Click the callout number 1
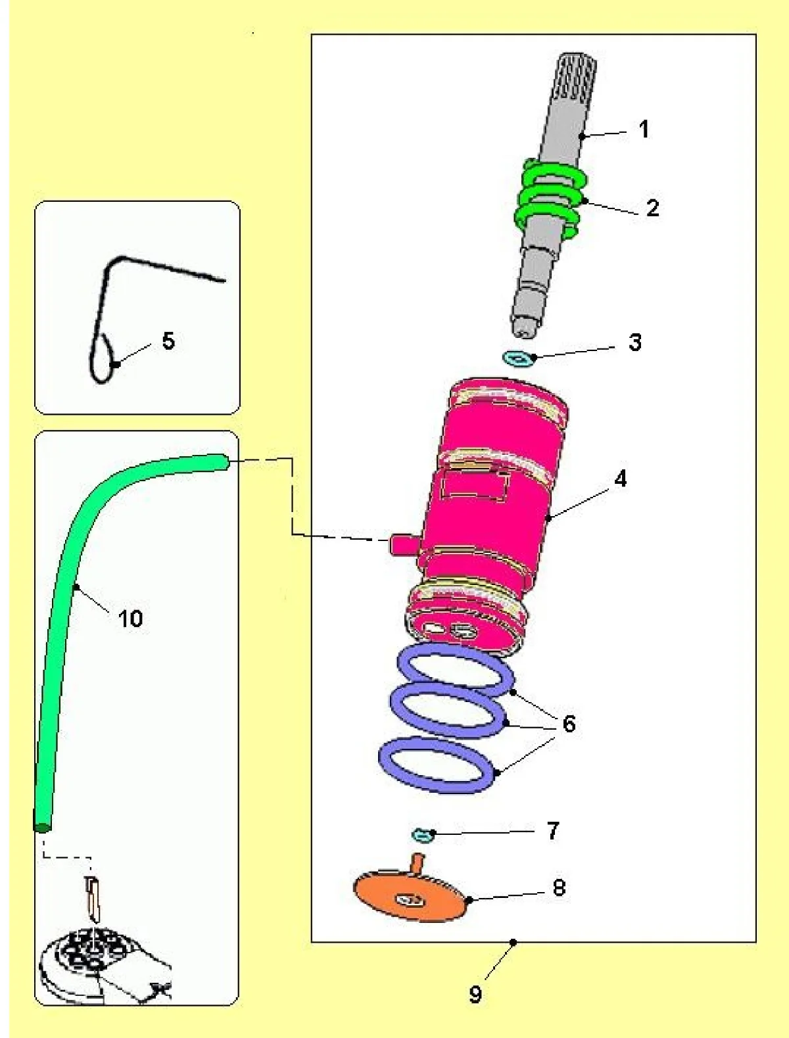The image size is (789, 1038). (x=644, y=129)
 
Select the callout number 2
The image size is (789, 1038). (x=652, y=208)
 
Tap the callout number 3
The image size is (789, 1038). (x=634, y=342)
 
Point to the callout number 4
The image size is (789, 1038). (x=620, y=479)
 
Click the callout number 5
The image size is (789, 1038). (x=168, y=341)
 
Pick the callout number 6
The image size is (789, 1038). (x=569, y=724)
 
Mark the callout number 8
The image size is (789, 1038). (x=559, y=887)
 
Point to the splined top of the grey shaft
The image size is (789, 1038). (x=575, y=76)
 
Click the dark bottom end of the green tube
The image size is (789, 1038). (x=42, y=826)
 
